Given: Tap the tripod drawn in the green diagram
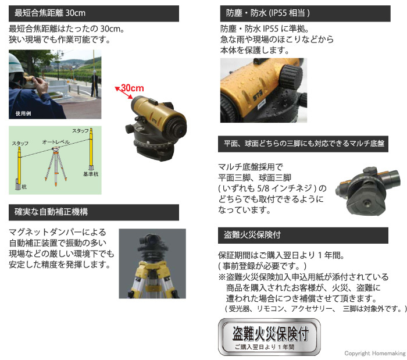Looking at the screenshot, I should (56, 166).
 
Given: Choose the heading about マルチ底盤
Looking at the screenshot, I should (302, 142).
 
